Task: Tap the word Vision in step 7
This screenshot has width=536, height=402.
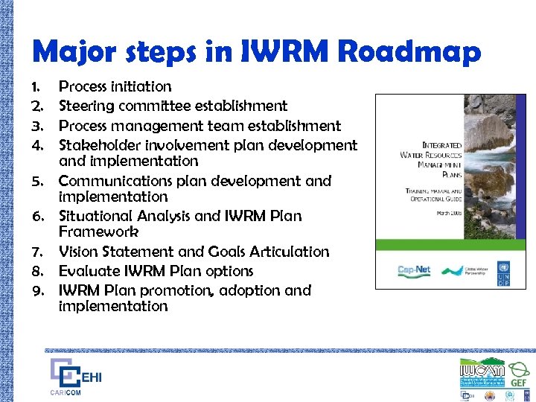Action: pyautogui.click(x=79, y=252)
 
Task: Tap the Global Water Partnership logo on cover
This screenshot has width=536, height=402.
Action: pyautogui.click(x=466, y=272)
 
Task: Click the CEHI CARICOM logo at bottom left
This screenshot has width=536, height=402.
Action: pyautogui.click(x=74, y=377)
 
